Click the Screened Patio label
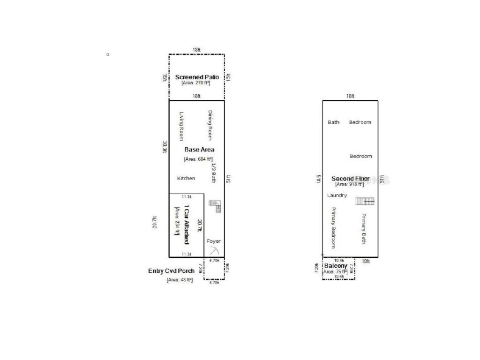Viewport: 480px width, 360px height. (197, 77)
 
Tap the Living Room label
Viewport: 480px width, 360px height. (182, 126)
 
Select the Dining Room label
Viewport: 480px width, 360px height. (210, 125)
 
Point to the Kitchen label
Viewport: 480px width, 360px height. (186, 178)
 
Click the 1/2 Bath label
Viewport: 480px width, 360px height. (213, 172)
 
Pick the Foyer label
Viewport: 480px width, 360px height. (214, 241)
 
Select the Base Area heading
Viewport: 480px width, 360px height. (199, 150)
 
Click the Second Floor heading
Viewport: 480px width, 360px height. (350, 179)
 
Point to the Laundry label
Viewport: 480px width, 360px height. (337, 195)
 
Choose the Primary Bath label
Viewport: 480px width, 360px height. (363, 228)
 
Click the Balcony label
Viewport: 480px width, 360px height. (336, 266)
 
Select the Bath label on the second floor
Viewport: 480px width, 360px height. (334, 122)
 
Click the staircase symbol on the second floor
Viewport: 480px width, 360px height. (365, 201)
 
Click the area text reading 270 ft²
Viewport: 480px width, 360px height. (196, 83)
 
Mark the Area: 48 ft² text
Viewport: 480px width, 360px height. (180, 280)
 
